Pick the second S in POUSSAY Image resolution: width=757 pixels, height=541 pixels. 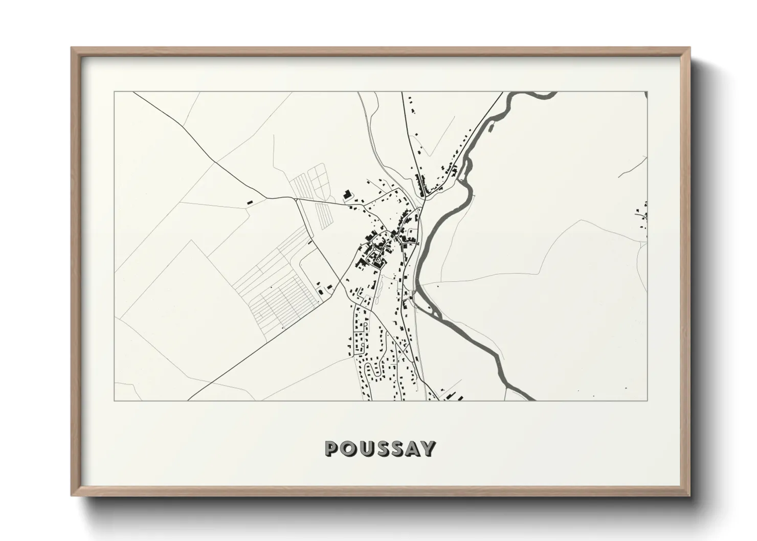(x=395, y=449)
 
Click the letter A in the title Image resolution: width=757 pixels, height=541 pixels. (x=412, y=449)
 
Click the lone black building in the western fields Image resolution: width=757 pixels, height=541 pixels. (x=250, y=202)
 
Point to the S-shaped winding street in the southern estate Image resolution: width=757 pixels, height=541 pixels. (x=377, y=374)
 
